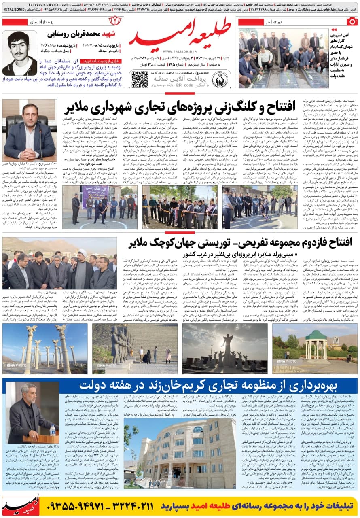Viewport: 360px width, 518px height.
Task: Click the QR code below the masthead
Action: [x=140, y=79]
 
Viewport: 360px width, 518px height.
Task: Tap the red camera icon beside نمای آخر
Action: [x=353, y=21]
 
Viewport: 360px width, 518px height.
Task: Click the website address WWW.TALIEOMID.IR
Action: [x=180, y=52]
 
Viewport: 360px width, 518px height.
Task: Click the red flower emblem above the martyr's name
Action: [x=114, y=21]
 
